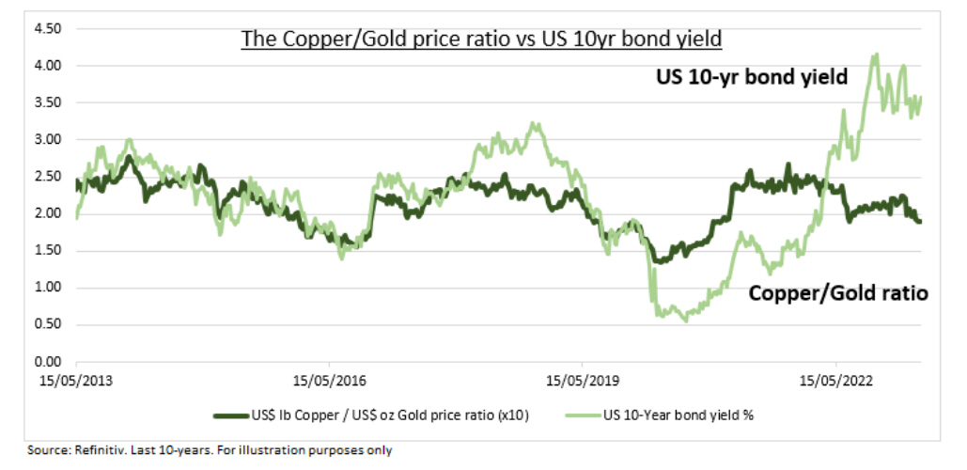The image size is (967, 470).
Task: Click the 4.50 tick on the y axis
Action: [x=48, y=29]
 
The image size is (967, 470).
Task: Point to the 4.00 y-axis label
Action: [x=48, y=66]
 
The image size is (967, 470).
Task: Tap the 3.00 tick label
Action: [x=48, y=140]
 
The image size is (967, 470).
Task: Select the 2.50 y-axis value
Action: [x=48, y=177]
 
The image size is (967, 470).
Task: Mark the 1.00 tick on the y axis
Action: [x=48, y=288]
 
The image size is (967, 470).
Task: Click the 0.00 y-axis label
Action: [x=48, y=362]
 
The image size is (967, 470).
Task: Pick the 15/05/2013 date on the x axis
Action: [x=77, y=382]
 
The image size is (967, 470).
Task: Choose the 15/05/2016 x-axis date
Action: [x=329, y=382]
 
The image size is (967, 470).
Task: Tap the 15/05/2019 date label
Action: [x=582, y=382]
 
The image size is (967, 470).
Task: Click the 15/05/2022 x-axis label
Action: [x=834, y=382]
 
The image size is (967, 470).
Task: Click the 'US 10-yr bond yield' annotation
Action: [x=752, y=77]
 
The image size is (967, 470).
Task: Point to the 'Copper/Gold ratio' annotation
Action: [x=838, y=294]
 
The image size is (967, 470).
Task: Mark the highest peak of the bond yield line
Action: [x=876, y=55]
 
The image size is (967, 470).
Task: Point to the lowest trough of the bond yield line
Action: [x=685, y=321]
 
